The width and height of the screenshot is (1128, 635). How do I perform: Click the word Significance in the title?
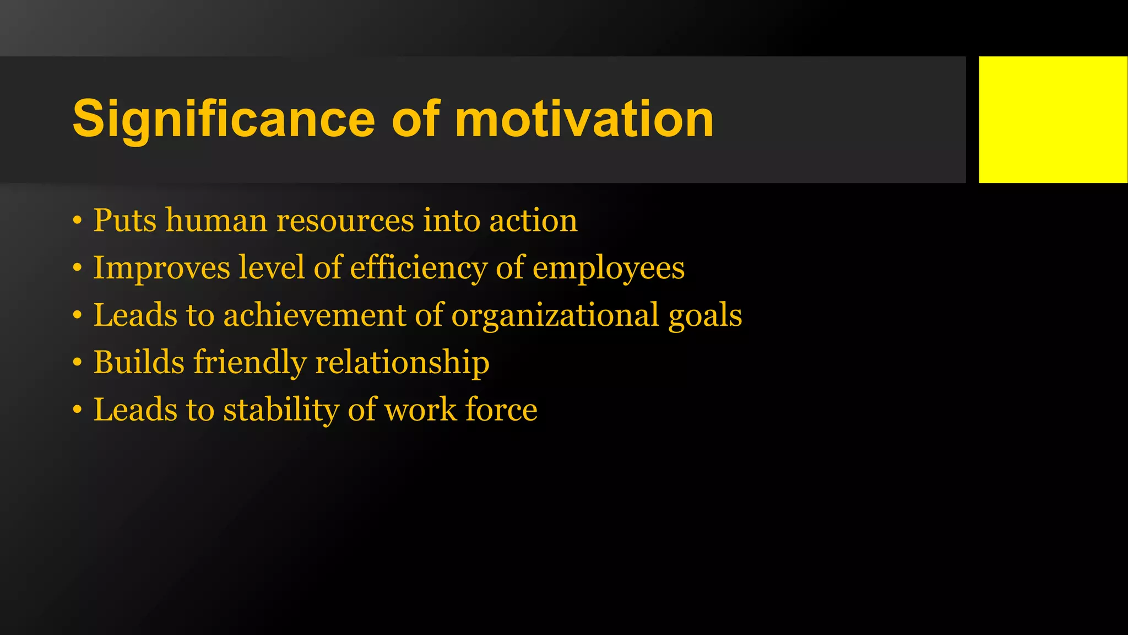point(224,120)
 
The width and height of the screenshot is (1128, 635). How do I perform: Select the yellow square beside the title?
point(1053,120)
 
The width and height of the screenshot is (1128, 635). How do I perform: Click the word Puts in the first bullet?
point(124,220)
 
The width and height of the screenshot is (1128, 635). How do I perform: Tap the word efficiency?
point(419,268)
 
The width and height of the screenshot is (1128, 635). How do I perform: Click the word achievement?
point(314,315)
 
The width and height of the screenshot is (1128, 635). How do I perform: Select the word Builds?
point(139,363)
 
